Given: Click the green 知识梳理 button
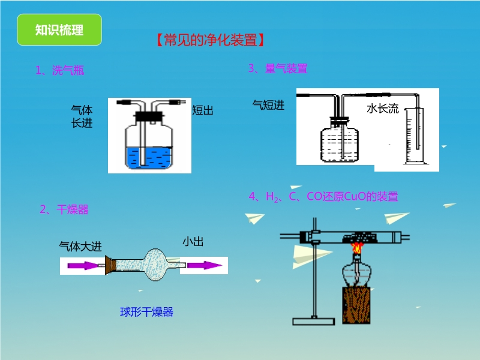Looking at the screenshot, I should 59,30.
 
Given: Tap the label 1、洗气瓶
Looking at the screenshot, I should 60,71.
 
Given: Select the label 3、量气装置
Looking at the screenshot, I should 278,69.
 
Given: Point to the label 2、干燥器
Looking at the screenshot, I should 64,209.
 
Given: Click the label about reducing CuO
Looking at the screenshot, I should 323,196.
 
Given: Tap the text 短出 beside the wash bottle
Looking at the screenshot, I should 203,110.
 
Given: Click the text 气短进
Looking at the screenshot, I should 269,106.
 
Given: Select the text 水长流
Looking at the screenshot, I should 382,109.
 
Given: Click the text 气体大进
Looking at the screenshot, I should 80,246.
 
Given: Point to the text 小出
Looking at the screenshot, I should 193,242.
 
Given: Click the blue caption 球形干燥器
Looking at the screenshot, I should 146,312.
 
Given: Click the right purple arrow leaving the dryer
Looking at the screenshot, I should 203,265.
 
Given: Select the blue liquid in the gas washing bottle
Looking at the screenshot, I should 149,157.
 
